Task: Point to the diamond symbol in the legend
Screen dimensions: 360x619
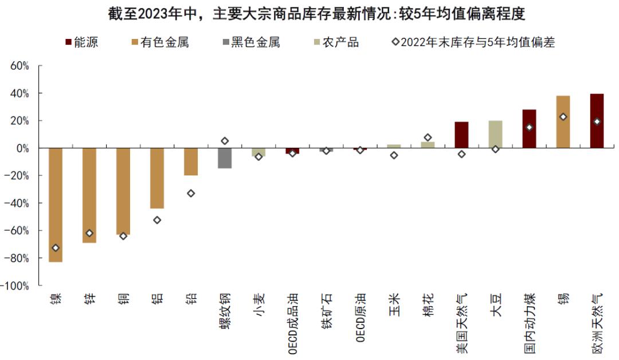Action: [x=395, y=42]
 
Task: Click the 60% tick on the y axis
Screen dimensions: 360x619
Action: [x=20, y=66]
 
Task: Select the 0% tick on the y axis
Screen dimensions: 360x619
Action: [x=23, y=148]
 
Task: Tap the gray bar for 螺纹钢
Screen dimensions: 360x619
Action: [x=225, y=158]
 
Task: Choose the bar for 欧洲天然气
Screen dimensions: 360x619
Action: [x=597, y=121]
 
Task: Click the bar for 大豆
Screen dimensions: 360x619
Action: [x=495, y=134]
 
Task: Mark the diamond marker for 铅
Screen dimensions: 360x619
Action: [x=191, y=193]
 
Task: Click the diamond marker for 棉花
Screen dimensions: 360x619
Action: [x=428, y=138]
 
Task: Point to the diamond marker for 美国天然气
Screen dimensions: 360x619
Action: [x=461, y=154]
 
